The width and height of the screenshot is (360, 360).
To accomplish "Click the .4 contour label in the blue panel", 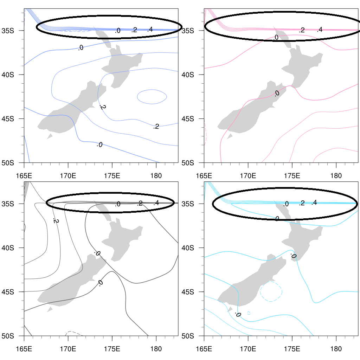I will [x=150, y=30].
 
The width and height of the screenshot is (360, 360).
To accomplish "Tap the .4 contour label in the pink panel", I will [x=319, y=30].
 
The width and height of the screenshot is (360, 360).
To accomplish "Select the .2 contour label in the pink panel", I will [x=302, y=30].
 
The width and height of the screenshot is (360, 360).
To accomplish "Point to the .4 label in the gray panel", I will [x=156, y=203].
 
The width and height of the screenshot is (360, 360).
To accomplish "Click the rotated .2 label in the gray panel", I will [x=55, y=220].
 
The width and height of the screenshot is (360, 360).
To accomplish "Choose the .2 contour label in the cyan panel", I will [x=302, y=203].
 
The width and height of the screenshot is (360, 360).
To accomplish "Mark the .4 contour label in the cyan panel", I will [x=314, y=202].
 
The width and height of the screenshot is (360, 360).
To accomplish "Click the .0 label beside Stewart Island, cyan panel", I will [x=238, y=314].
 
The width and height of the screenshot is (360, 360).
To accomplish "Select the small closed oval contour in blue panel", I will [x=152, y=96].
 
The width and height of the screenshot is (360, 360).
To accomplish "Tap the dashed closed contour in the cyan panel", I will [x=271, y=291].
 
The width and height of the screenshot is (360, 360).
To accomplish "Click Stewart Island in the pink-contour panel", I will [x=230, y=136].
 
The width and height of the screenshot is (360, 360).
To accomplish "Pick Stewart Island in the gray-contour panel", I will [x=50, y=309].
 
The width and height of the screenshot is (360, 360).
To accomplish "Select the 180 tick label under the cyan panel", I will [x=336, y=349].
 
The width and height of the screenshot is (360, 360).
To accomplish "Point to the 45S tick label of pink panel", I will [x=188, y=118].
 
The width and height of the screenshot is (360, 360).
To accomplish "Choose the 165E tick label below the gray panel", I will [x=24, y=349].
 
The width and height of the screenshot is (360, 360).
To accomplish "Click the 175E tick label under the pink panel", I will [x=292, y=175].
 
